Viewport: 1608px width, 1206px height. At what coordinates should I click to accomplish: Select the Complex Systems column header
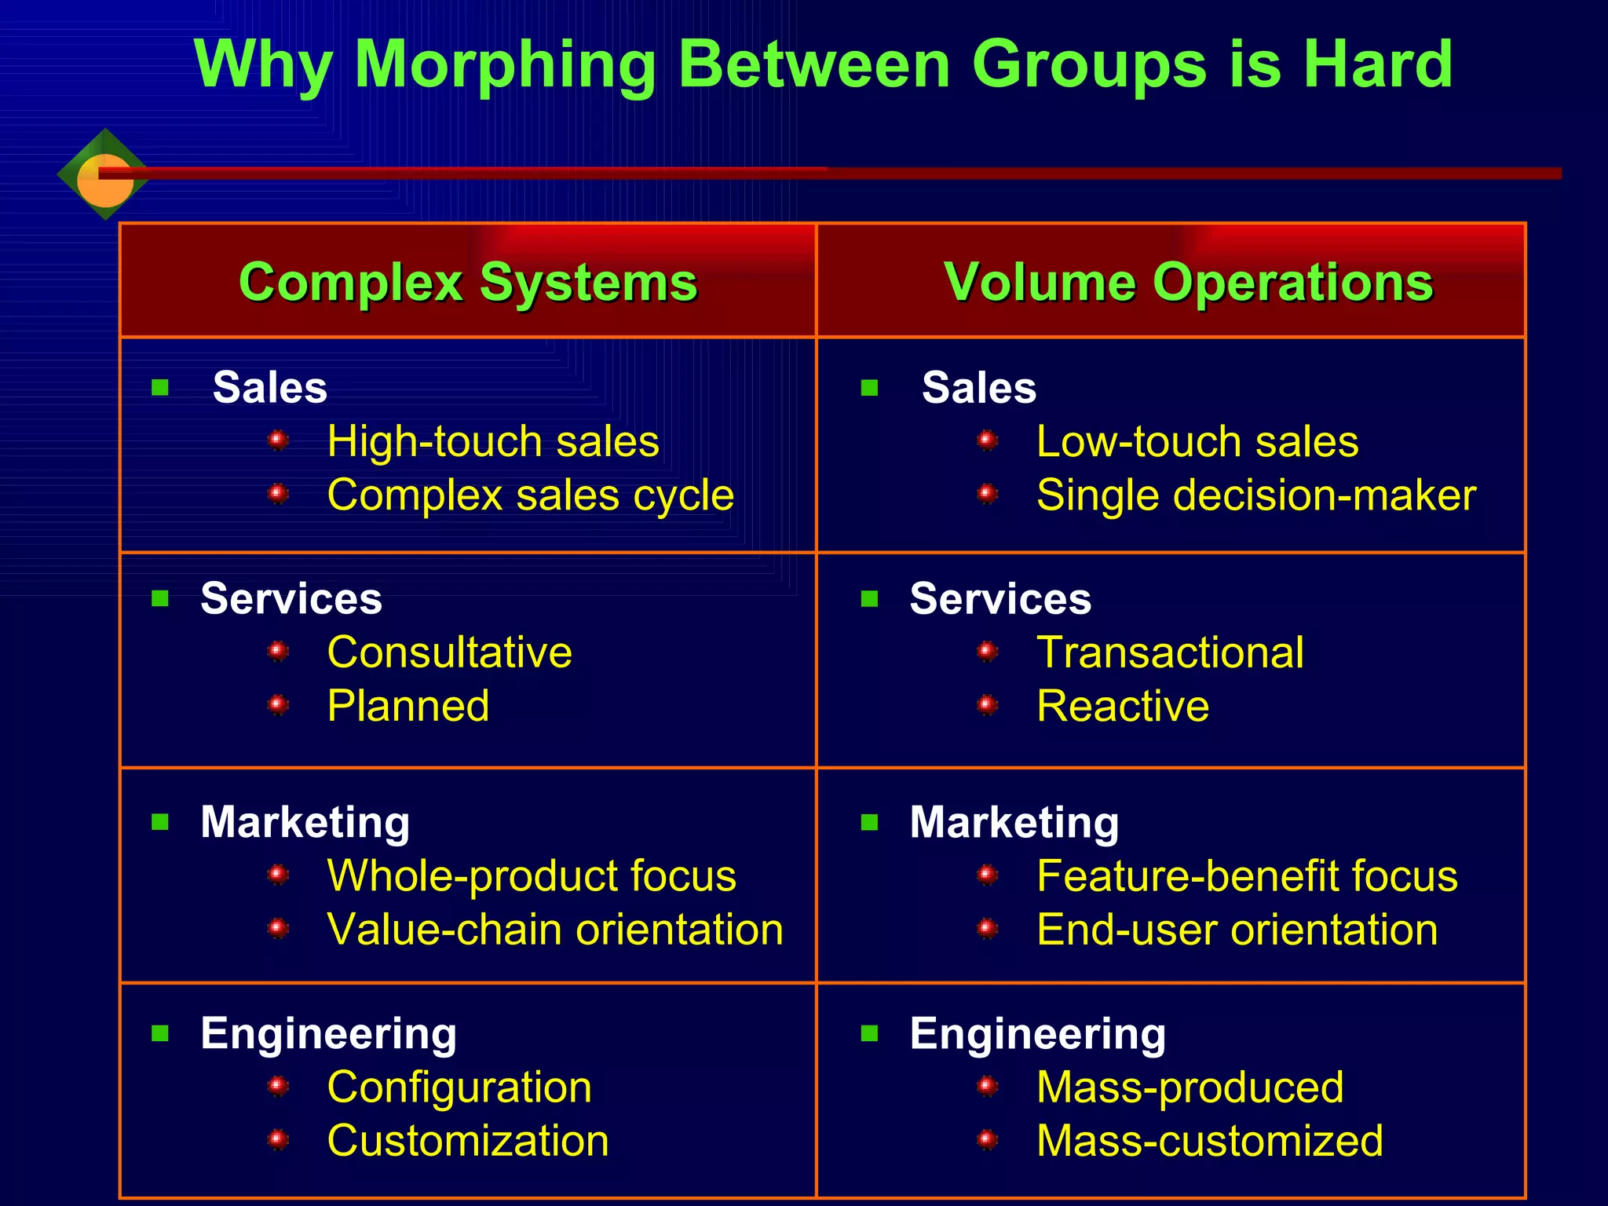(468, 282)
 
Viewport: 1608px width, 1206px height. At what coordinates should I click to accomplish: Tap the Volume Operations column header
(1189, 282)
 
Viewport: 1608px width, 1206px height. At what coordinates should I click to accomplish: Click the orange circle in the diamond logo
(104, 181)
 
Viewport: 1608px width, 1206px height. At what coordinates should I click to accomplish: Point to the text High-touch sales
(493, 441)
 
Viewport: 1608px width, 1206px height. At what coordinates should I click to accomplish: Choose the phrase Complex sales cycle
(531, 495)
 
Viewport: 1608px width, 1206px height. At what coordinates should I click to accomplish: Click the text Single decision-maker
(1256, 495)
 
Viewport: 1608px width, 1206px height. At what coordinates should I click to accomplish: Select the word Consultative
(450, 652)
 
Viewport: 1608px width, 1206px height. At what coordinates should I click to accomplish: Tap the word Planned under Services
(408, 706)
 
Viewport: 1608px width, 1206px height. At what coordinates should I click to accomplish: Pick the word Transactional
(1170, 652)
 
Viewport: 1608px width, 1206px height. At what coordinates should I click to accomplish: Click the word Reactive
(1123, 706)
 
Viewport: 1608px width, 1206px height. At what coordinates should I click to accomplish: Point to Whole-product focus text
(532, 875)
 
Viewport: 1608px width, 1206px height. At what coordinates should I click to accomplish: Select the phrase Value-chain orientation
(555, 930)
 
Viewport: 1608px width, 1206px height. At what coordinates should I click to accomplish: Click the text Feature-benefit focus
(1247, 875)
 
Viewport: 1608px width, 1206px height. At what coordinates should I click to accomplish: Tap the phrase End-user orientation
(1237, 930)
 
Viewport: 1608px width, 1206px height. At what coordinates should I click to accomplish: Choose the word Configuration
(459, 1087)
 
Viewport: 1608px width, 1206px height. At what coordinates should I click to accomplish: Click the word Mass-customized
(1210, 1141)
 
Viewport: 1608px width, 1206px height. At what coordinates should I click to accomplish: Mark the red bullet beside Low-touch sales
(988, 440)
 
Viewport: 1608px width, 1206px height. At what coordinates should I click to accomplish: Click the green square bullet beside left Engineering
(160, 1033)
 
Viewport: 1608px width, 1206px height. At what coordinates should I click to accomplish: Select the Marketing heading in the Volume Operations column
(1014, 822)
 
